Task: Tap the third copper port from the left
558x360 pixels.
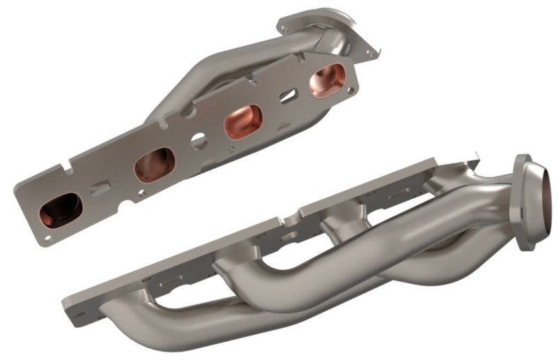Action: tap(242, 121)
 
